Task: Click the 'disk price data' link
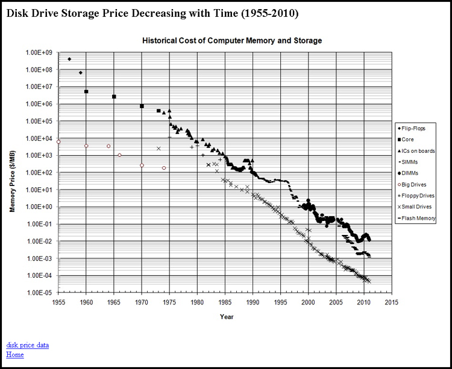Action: click(27, 345)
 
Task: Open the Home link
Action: click(14, 355)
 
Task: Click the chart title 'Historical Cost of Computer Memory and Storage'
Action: click(231, 40)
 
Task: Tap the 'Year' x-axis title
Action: click(227, 316)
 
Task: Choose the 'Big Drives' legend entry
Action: click(417, 184)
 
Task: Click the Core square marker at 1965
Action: click(114, 97)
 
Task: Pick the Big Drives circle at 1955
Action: click(58, 142)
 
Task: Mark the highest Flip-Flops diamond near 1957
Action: click(69, 59)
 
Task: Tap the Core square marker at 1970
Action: click(142, 106)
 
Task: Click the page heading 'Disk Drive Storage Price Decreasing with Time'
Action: click(151, 13)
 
